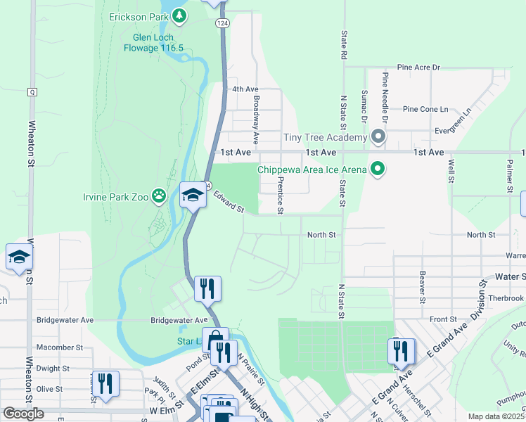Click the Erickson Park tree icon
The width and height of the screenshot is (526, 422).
click(x=179, y=15)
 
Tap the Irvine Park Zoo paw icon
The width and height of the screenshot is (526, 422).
click(x=160, y=196)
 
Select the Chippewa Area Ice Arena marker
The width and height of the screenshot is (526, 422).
click(x=378, y=169)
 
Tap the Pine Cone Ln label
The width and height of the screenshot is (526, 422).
click(x=425, y=109)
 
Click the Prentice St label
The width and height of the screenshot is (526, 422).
click(x=280, y=194)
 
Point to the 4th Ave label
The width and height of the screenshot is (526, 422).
click(x=245, y=89)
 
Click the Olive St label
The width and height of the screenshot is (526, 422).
click(x=49, y=389)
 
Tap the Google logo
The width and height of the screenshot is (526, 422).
click(x=23, y=414)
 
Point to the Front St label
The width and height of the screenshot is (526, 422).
click(x=443, y=319)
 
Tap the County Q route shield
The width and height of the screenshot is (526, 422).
click(x=32, y=92)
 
